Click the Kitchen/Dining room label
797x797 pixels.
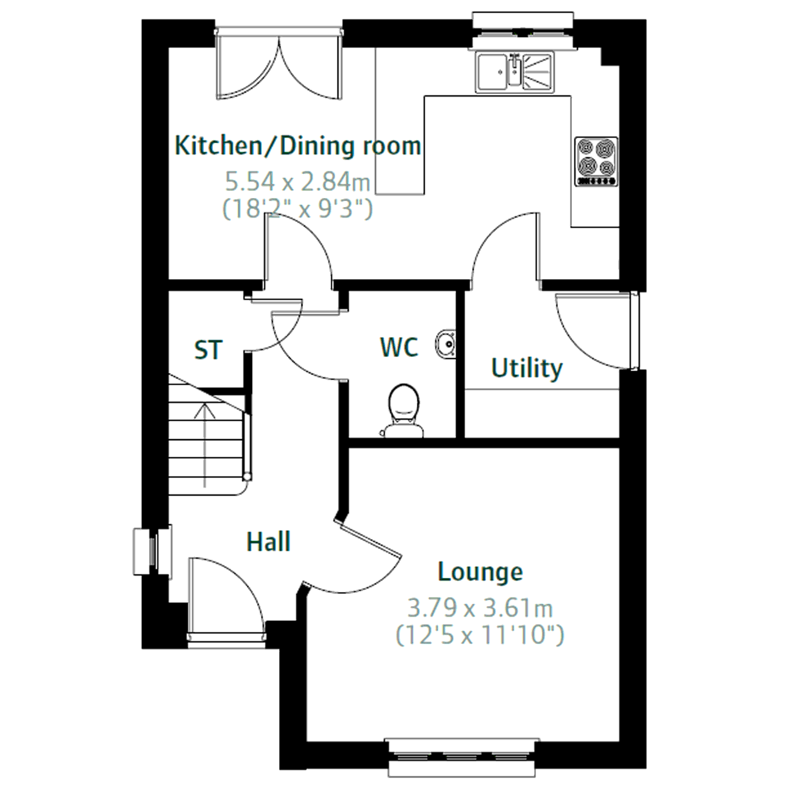298,146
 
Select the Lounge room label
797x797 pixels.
480,572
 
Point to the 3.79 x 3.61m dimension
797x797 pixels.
480,608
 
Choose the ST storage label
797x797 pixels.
208,350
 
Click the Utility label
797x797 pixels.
527,368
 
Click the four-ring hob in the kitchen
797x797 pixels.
597,161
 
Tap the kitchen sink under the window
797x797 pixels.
515,72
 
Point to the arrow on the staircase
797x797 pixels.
205,446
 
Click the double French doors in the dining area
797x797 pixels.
279,66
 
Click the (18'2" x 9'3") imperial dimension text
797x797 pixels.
298,209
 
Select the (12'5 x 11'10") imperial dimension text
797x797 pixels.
480,635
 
